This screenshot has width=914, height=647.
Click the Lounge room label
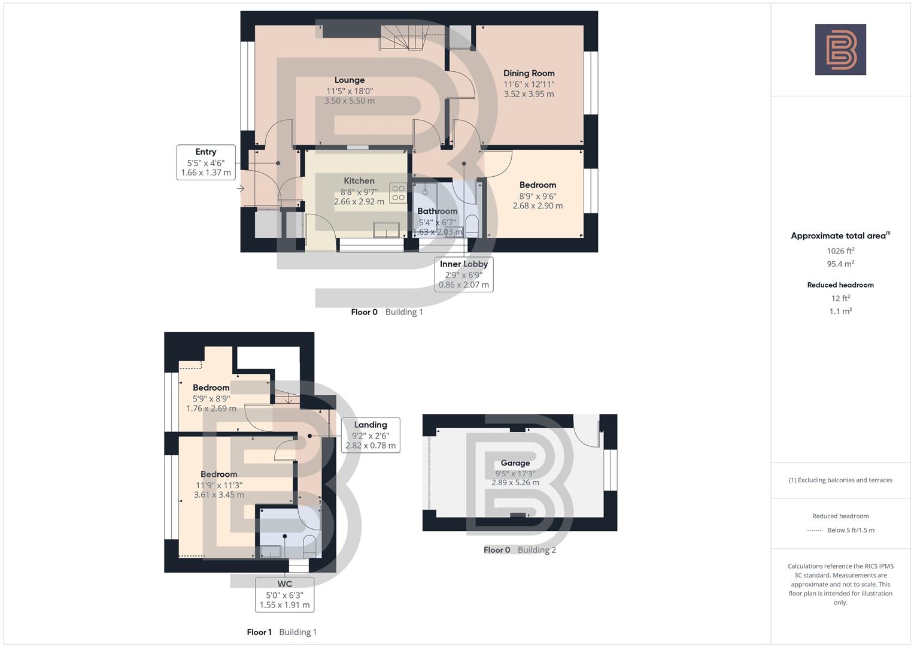pos(350,80)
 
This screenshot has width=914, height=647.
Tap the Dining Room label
pos(529,74)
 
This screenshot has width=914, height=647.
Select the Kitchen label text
pos(359,181)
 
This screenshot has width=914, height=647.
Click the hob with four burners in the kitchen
pos(398,193)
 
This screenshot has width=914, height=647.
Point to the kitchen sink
pos(386,229)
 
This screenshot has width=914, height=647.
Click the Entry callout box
pos(206,162)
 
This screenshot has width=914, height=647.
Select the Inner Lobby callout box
pos(464,274)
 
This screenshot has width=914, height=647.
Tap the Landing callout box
pos(370,435)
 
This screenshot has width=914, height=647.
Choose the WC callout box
pos(285,594)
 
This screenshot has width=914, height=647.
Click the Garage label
pos(515,463)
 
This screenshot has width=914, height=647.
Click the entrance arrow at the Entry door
pos(241,189)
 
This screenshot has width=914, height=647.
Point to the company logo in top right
pos(840,50)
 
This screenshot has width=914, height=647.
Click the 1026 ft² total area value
pos(840,251)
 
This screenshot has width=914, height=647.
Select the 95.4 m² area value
pos(840,264)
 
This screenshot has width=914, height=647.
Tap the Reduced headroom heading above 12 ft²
pos(840,285)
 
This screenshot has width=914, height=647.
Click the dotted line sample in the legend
pos(815,530)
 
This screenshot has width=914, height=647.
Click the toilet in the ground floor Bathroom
pos(472,226)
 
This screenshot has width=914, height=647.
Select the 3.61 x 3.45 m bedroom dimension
pos(219,495)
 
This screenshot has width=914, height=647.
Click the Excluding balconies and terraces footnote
pos(840,480)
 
